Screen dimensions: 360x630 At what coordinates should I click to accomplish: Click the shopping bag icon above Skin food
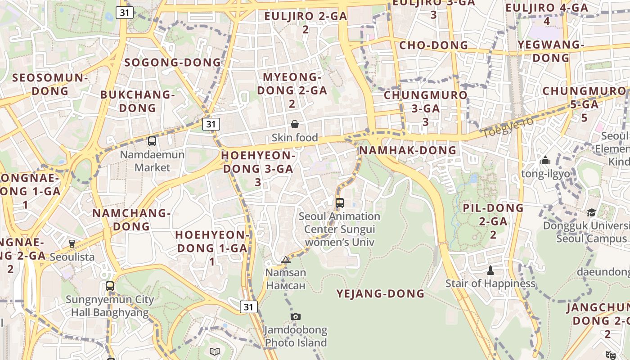(295, 124)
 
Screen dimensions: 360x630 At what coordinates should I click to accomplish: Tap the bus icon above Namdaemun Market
(152, 141)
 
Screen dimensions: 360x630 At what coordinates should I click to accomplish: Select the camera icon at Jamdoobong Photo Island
(295, 316)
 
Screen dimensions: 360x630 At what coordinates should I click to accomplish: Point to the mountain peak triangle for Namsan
(286, 260)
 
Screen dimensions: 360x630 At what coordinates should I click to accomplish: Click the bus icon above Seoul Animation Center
(340, 202)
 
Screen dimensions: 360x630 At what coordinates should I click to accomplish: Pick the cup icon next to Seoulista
(72, 243)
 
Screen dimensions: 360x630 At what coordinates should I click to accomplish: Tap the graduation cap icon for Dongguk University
(591, 212)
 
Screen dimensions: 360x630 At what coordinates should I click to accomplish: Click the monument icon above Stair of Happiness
(490, 270)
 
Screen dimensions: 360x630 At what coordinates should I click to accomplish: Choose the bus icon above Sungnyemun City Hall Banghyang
(110, 286)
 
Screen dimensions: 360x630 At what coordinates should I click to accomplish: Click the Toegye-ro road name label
(507, 127)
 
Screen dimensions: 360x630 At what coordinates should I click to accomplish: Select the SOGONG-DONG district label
(173, 63)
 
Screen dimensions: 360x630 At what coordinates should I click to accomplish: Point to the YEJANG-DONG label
(381, 294)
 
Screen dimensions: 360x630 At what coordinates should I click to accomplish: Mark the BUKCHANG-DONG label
(137, 101)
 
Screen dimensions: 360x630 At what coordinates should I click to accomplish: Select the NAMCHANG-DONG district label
(131, 220)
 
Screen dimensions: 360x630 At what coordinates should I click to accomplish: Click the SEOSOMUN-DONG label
(50, 84)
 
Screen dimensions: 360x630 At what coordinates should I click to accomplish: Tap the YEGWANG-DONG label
(551, 51)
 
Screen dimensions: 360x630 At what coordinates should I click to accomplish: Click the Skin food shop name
(295, 138)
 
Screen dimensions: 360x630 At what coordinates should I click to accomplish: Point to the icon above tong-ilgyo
(545, 160)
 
